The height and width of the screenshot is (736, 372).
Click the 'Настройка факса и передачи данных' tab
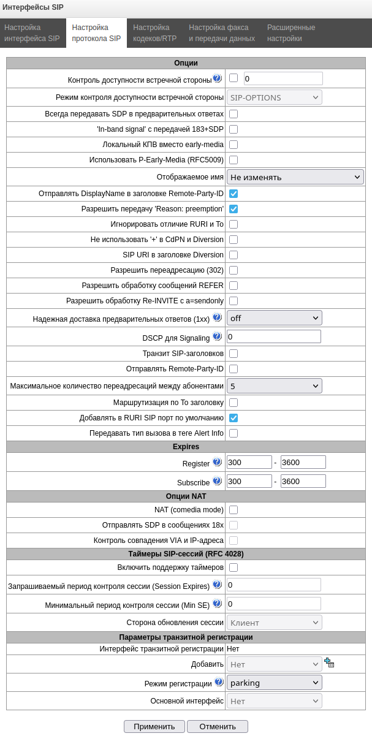tap(221, 33)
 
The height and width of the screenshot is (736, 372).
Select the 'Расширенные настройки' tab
tap(291, 33)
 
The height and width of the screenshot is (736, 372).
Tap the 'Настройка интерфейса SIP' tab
tap(32, 33)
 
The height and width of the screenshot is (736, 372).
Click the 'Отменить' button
tap(217, 726)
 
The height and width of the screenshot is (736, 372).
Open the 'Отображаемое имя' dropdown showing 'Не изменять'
tap(295, 177)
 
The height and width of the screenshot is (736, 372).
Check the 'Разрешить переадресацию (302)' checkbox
tap(233, 270)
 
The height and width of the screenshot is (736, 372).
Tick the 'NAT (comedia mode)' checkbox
tap(233, 510)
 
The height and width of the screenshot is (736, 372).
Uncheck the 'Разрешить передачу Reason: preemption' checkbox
tap(233, 208)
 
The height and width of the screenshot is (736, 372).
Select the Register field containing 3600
tap(303, 462)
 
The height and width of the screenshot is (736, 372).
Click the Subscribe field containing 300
tap(249, 481)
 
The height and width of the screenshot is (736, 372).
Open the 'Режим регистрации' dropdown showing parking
tap(274, 682)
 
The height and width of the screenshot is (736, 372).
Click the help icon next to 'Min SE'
tap(217, 604)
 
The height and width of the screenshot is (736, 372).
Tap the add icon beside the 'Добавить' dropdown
tap(329, 662)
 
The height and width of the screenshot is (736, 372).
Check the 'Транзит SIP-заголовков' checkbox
tap(233, 354)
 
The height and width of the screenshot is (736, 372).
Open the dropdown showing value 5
tap(274, 385)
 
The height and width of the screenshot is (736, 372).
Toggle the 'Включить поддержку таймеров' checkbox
tap(233, 567)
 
